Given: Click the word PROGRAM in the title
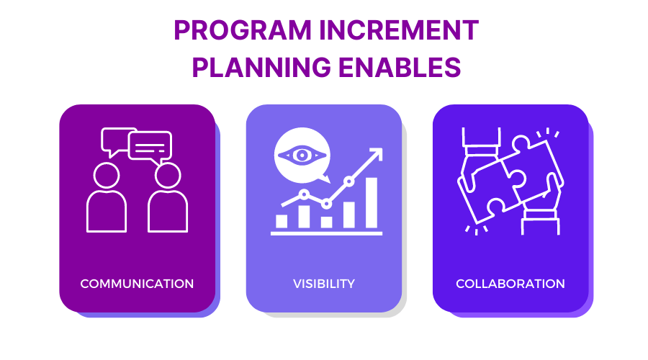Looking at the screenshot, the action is (243, 30).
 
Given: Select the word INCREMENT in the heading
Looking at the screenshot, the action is (399, 30).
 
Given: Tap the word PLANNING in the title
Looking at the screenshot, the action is (261, 68).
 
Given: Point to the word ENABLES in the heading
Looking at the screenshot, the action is (400, 68).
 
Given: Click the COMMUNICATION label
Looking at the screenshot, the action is (137, 284).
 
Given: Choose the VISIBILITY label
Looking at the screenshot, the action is (324, 284).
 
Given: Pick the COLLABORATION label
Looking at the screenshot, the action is (510, 284).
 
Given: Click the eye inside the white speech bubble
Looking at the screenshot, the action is (302, 156).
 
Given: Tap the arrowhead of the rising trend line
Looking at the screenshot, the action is (377, 153).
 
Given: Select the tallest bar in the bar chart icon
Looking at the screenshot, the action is (371, 202).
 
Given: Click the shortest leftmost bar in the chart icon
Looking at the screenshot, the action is (282, 221).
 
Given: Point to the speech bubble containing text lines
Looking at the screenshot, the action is (150, 148).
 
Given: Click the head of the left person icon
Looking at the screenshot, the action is (107, 175).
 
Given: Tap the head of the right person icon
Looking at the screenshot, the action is (168, 175).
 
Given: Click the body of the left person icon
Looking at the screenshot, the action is (107, 211).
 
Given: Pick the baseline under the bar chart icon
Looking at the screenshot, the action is (326, 233).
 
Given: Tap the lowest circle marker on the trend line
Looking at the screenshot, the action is (326, 204).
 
